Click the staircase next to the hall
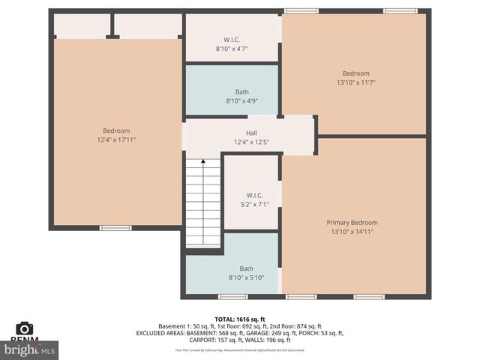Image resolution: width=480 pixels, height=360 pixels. (x=202, y=202)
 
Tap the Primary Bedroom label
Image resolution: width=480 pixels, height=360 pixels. (x=352, y=223)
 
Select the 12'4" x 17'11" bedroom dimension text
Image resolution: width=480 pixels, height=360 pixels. (x=116, y=140)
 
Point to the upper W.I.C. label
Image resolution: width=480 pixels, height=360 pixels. (x=232, y=40)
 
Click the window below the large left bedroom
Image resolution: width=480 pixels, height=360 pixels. (x=115, y=228)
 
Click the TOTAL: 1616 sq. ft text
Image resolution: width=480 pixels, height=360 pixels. (x=239, y=319)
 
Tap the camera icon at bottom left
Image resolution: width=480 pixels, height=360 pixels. (x=24, y=328)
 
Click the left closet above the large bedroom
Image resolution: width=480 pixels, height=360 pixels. (x=82, y=25)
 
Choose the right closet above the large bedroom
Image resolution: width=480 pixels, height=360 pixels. (x=148, y=25)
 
